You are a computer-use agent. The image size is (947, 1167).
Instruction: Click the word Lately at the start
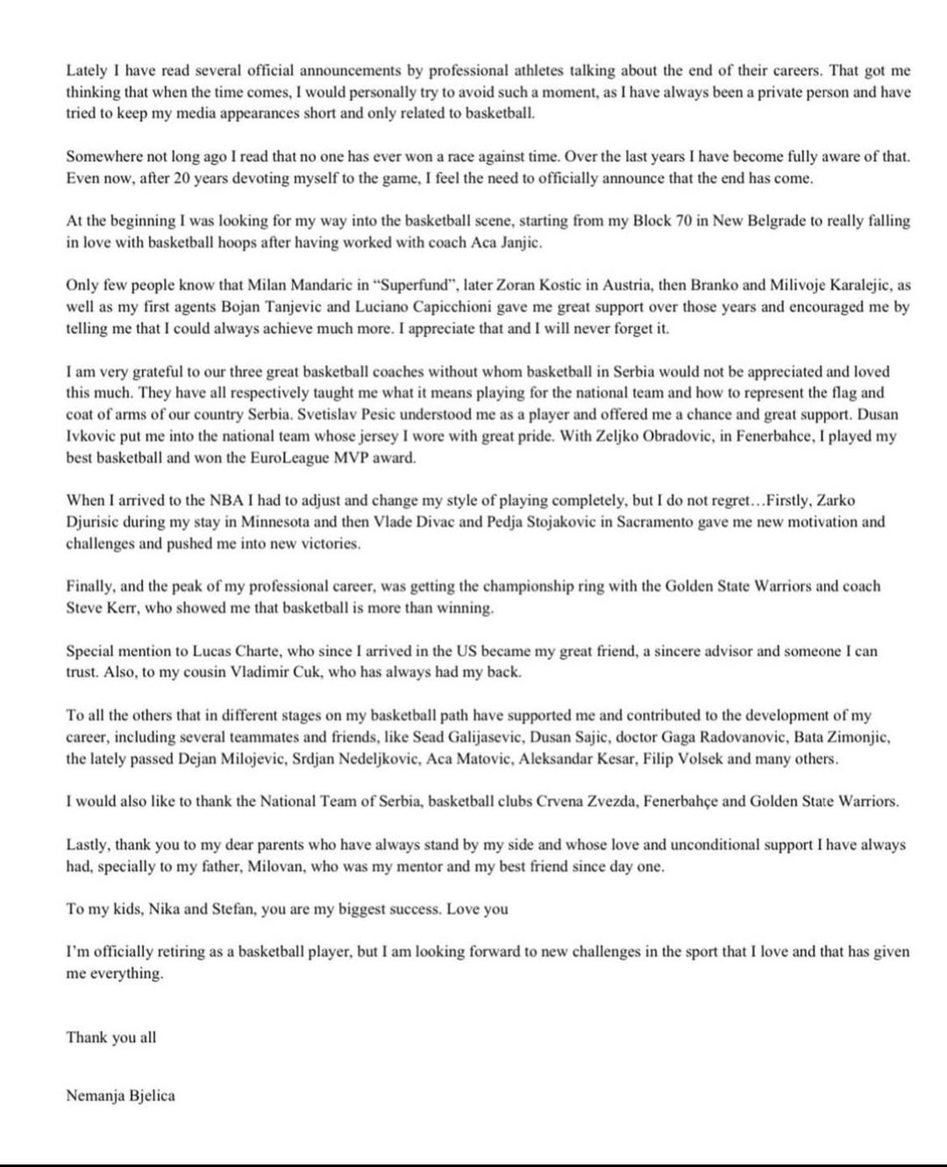pos(86,71)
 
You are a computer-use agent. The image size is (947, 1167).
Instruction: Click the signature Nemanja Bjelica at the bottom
pos(120,1095)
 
